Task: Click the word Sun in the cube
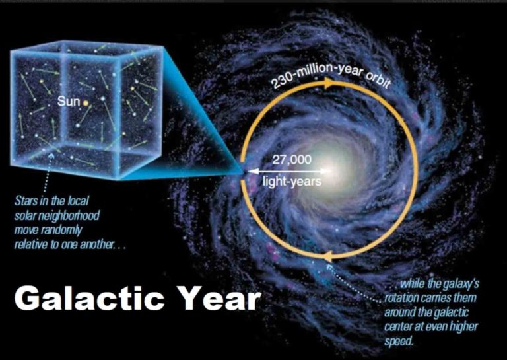tap(69, 101)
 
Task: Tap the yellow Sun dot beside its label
tap(86, 103)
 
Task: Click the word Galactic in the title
tap(89, 299)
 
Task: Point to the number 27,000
tap(292, 159)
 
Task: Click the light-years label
tap(292, 182)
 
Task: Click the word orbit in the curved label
tap(378, 80)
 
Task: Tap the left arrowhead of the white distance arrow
tap(253, 171)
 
